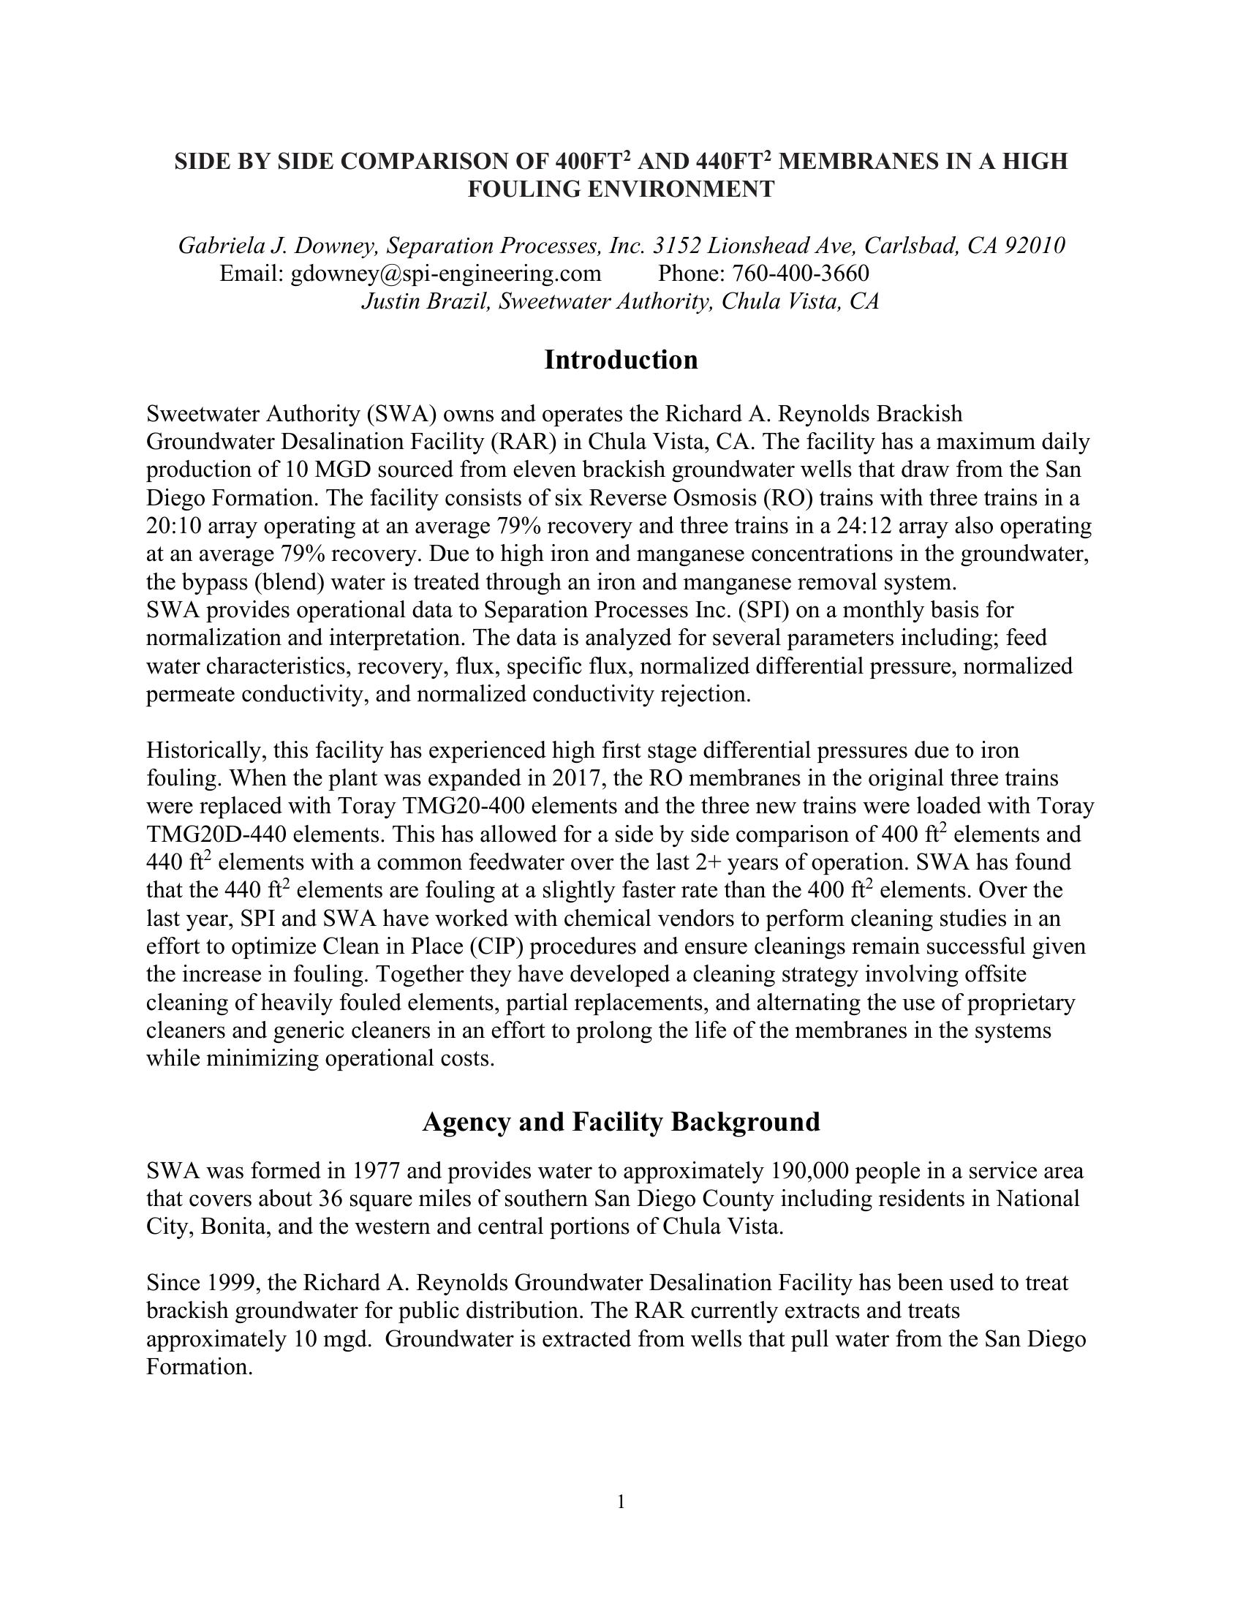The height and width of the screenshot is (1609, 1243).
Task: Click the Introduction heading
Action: (x=621, y=361)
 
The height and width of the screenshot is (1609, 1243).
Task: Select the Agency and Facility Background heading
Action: (x=621, y=1122)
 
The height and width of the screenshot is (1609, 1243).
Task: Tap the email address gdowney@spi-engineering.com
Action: (x=445, y=274)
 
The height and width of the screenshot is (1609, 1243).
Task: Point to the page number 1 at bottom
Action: (x=621, y=1502)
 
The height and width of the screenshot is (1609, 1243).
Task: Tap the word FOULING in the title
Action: (x=524, y=189)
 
